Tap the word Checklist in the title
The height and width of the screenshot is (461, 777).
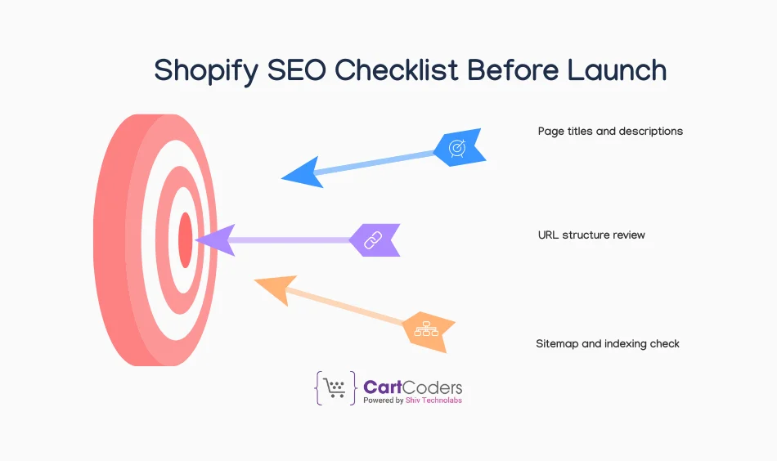click(x=397, y=70)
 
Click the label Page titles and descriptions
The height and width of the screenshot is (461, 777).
click(x=610, y=131)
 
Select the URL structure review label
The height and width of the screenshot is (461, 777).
click(x=591, y=235)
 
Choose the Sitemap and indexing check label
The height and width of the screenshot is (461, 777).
click(x=608, y=344)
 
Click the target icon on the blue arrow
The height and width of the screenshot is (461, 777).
click(x=458, y=147)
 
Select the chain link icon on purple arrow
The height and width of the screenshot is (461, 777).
click(x=373, y=239)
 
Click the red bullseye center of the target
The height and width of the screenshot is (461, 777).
click(x=186, y=239)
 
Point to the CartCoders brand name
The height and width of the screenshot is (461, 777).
click(x=412, y=387)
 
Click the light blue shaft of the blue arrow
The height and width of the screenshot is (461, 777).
click(x=376, y=162)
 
